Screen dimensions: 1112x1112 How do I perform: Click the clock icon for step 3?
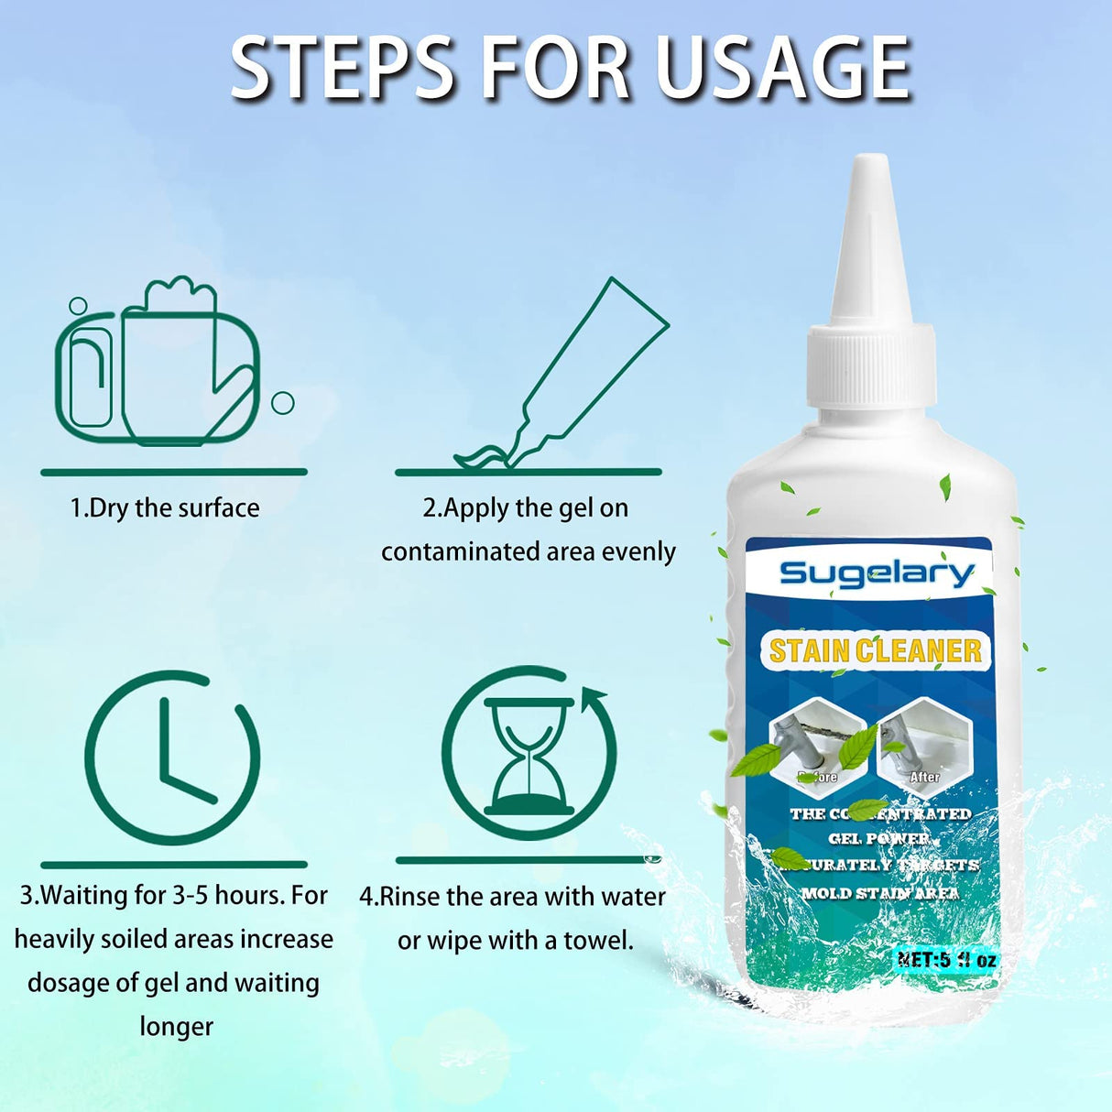pyautogui.click(x=172, y=758)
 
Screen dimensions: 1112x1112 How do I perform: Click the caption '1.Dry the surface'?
pyautogui.click(x=165, y=508)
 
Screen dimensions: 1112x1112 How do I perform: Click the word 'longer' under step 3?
pyautogui.click(x=176, y=1027)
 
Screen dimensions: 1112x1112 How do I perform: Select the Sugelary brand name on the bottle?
pyautogui.click(x=877, y=573)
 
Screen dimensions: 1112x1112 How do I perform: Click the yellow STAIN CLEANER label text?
pyautogui.click(x=875, y=650)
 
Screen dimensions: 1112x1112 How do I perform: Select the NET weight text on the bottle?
pyautogui.click(x=946, y=960)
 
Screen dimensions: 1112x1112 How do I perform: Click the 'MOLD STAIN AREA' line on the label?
pyautogui.click(x=880, y=893)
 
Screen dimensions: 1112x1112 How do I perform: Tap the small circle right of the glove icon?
pyautogui.click(x=283, y=402)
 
